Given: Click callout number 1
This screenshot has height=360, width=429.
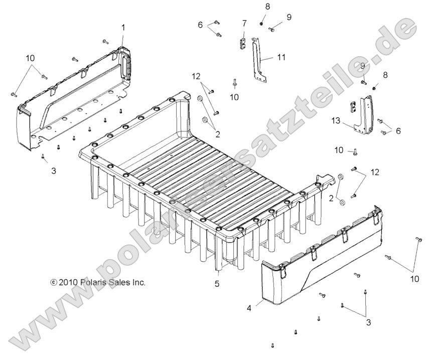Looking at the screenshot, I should click(123, 28).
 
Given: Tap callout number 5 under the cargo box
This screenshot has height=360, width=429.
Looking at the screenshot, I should click(217, 283).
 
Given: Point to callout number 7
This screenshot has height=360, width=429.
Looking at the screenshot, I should click(244, 23).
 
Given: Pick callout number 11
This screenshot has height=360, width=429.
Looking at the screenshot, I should click(281, 57).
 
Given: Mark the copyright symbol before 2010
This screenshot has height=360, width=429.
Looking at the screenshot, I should click(54, 283).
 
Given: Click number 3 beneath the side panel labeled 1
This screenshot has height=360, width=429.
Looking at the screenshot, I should click(53, 170).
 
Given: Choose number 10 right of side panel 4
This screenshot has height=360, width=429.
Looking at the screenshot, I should click(414, 279).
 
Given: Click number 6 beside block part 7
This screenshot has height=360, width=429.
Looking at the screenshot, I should click(200, 25).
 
